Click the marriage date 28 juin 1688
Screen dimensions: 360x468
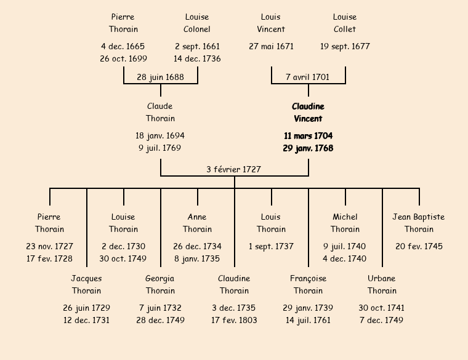pyautogui.click(x=160, y=77)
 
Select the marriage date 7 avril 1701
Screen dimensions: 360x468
pyautogui.click(x=308, y=77)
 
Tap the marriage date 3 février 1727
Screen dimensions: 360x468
pyautogui.click(x=234, y=169)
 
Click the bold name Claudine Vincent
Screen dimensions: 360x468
pyautogui.click(x=308, y=113)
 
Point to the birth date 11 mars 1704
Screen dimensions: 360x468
pyautogui.click(x=308, y=135)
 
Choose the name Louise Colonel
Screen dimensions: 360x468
pyautogui.click(x=197, y=23)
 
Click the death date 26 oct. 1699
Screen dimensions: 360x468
pyautogui.click(x=123, y=58)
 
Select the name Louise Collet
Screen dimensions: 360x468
pyautogui.click(x=345, y=23)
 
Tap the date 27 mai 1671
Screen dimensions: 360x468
pyautogui.click(x=271, y=46)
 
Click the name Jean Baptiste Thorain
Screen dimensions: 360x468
pyautogui.click(x=419, y=223)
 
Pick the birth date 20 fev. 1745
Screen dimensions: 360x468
pyautogui.click(x=419, y=246)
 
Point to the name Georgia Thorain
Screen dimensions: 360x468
pyautogui.click(x=160, y=284)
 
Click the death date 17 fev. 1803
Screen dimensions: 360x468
pyautogui.click(x=234, y=320)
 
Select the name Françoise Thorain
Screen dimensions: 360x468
pyautogui.click(x=308, y=284)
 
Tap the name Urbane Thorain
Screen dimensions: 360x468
pyautogui.click(x=382, y=284)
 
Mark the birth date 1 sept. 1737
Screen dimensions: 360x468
pyautogui.click(x=271, y=246)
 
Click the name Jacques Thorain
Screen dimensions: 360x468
pyautogui.click(x=86, y=284)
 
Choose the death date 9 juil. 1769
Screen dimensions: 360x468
pyautogui.click(x=160, y=148)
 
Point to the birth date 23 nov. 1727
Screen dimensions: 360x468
pyautogui.click(x=49, y=246)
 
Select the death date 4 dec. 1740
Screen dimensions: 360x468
pyautogui.click(x=345, y=258)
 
